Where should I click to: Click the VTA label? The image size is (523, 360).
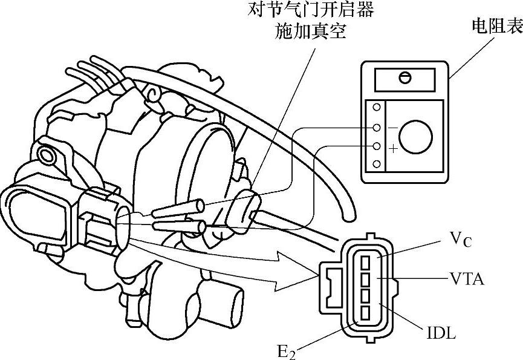[467, 279]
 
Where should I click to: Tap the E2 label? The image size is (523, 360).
[287, 349]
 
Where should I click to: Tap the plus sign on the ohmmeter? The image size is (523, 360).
[394, 149]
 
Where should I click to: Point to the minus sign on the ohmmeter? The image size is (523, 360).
[394, 128]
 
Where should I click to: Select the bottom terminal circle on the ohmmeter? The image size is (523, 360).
[377, 164]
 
